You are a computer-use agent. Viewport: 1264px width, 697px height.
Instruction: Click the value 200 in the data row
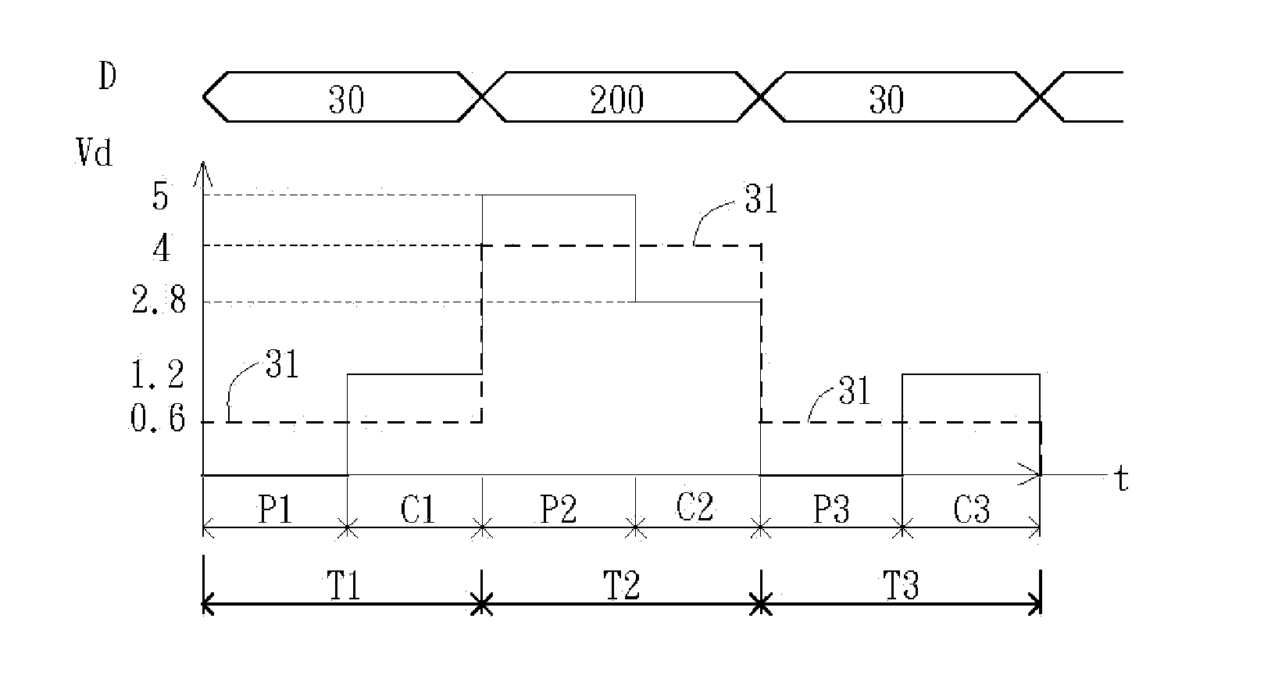(x=616, y=100)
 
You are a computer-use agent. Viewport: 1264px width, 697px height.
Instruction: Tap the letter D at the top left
(x=108, y=77)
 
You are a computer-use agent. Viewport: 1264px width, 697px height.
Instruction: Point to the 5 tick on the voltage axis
(x=160, y=197)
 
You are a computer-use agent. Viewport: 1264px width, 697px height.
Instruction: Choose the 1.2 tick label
(x=159, y=376)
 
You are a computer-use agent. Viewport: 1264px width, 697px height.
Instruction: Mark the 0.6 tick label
(x=159, y=421)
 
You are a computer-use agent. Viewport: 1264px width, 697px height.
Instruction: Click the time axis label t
(x=1122, y=480)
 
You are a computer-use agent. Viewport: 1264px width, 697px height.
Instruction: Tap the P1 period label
(x=276, y=510)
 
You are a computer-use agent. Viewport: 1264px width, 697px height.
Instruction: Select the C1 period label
(x=418, y=510)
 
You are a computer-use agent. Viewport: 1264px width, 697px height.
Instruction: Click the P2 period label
(x=559, y=510)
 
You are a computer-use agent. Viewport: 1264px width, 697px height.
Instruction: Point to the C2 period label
(x=694, y=508)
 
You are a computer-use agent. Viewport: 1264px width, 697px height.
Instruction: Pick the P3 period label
(x=831, y=510)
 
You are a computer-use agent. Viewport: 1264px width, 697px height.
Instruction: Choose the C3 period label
(x=972, y=510)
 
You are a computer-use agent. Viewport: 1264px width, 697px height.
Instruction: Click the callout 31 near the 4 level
(x=761, y=200)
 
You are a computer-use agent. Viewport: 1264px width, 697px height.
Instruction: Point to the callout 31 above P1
(x=282, y=364)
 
